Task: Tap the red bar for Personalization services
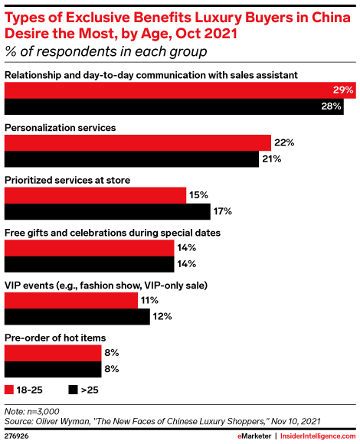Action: [x=138, y=142]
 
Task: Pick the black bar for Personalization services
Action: [x=132, y=158]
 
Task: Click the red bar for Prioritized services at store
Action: [x=96, y=195]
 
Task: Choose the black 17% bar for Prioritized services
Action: [x=107, y=211]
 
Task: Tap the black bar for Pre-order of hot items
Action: [x=54, y=369]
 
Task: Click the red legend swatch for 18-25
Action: [x=9, y=389]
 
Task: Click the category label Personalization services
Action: [x=60, y=127]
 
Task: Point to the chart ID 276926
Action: [x=18, y=434]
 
